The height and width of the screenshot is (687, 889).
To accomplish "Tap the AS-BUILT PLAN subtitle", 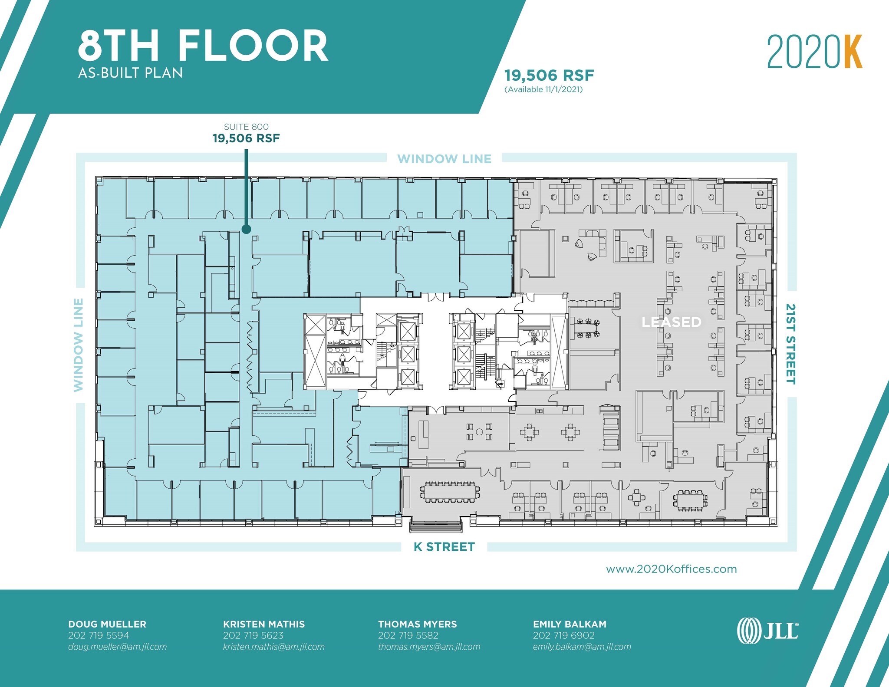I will point(130,73).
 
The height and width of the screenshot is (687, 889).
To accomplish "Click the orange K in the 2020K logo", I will point(853,52).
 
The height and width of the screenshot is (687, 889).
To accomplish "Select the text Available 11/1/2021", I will point(543,89).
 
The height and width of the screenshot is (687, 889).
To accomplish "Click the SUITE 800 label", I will point(246,127).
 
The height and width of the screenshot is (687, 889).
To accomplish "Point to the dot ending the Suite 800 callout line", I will point(246,230).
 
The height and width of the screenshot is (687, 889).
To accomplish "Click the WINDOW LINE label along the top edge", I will point(444,159).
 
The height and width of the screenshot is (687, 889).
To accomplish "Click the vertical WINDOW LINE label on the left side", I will point(79,345).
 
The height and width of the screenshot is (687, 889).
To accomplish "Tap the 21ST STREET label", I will point(790,344).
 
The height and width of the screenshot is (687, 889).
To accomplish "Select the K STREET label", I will point(444,547).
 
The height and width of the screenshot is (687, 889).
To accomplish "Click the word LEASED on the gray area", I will point(671,322).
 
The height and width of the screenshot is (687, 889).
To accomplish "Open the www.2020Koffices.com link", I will point(671,569).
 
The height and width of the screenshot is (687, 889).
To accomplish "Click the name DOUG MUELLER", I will point(107,624).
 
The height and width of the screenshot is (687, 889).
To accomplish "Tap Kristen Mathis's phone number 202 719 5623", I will point(253,635).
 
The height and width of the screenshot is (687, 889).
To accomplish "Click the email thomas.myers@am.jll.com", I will point(429,647).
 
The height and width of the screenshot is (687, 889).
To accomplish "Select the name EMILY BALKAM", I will point(570,624).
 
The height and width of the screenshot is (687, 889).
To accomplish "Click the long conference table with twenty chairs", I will point(450,492).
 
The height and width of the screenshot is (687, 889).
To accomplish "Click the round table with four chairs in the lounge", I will point(479,432).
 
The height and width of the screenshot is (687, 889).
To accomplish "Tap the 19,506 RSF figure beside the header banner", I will point(549,76).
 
